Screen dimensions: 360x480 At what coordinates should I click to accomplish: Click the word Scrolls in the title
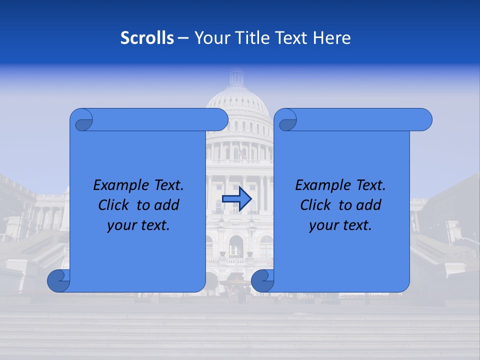coord(147,38)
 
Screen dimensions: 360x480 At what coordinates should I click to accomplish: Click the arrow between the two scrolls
coord(236,199)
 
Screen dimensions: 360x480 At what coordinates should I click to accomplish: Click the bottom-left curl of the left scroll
coord(58,280)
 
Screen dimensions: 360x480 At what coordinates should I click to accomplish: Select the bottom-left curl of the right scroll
coord(262,280)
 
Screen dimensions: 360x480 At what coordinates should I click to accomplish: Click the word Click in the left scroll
coord(114,205)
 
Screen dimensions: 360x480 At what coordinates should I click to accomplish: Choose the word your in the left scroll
coord(119,225)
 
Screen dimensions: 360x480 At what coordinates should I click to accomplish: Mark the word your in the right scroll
coord(321,225)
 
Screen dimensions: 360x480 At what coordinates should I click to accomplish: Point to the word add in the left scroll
coord(166,205)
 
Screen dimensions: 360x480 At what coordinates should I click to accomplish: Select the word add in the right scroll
coord(368,205)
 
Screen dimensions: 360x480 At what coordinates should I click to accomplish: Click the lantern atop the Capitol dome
coord(236,78)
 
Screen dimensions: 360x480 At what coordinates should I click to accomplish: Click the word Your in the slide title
coord(209,38)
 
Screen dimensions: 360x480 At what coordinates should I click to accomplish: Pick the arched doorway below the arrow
coord(236,246)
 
